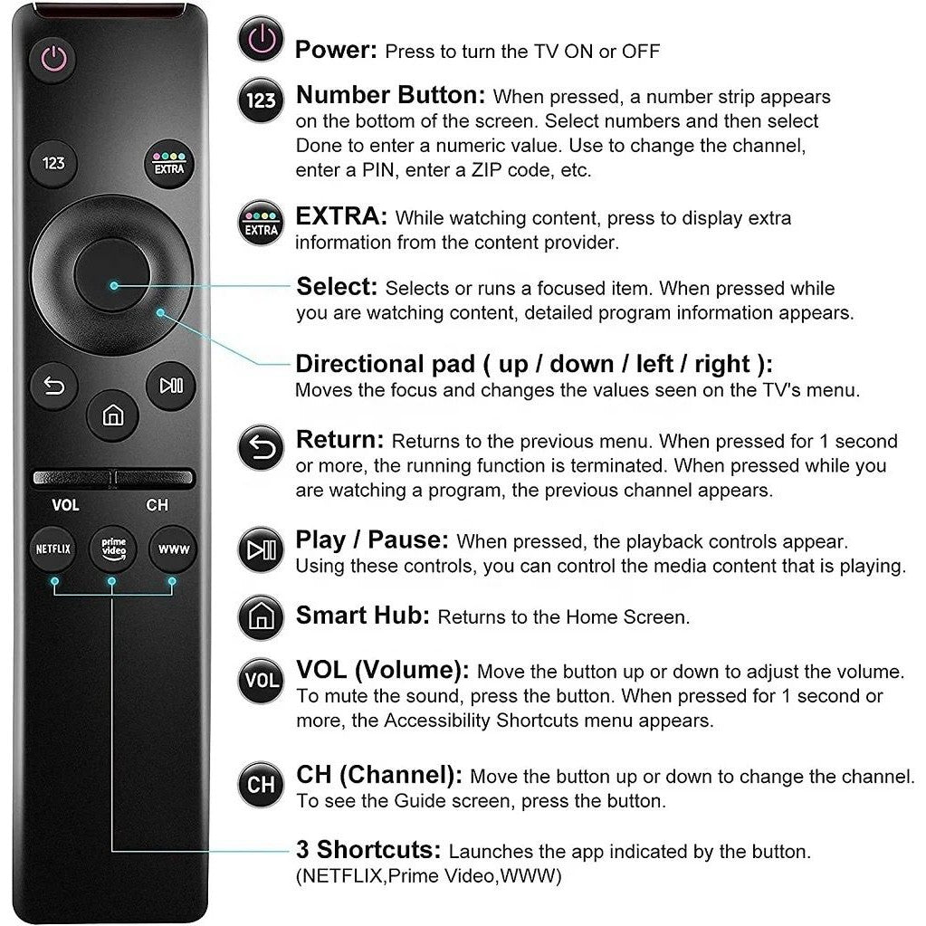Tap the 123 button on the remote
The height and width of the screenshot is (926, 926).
tap(53, 164)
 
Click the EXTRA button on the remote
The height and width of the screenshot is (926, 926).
tap(169, 164)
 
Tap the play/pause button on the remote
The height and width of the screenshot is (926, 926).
tap(170, 386)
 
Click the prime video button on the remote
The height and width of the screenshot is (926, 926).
tap(112, 549)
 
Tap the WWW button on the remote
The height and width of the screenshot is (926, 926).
tap(172, 549)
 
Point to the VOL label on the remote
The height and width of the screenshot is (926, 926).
tap(65, 505)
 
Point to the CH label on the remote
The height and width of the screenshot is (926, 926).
tap(157, 505)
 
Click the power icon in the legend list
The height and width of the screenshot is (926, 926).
tap(261, 42)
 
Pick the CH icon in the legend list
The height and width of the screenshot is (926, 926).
tap(261, 784)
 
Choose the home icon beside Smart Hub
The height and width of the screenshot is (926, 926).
tap(261, 617)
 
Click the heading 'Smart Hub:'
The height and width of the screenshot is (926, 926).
tap(363, 616)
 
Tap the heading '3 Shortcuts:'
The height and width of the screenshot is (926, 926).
tap(368, 850)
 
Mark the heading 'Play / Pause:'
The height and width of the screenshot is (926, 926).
tap(372, 540)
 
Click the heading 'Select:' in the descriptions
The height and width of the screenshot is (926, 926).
tap(337, 287)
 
